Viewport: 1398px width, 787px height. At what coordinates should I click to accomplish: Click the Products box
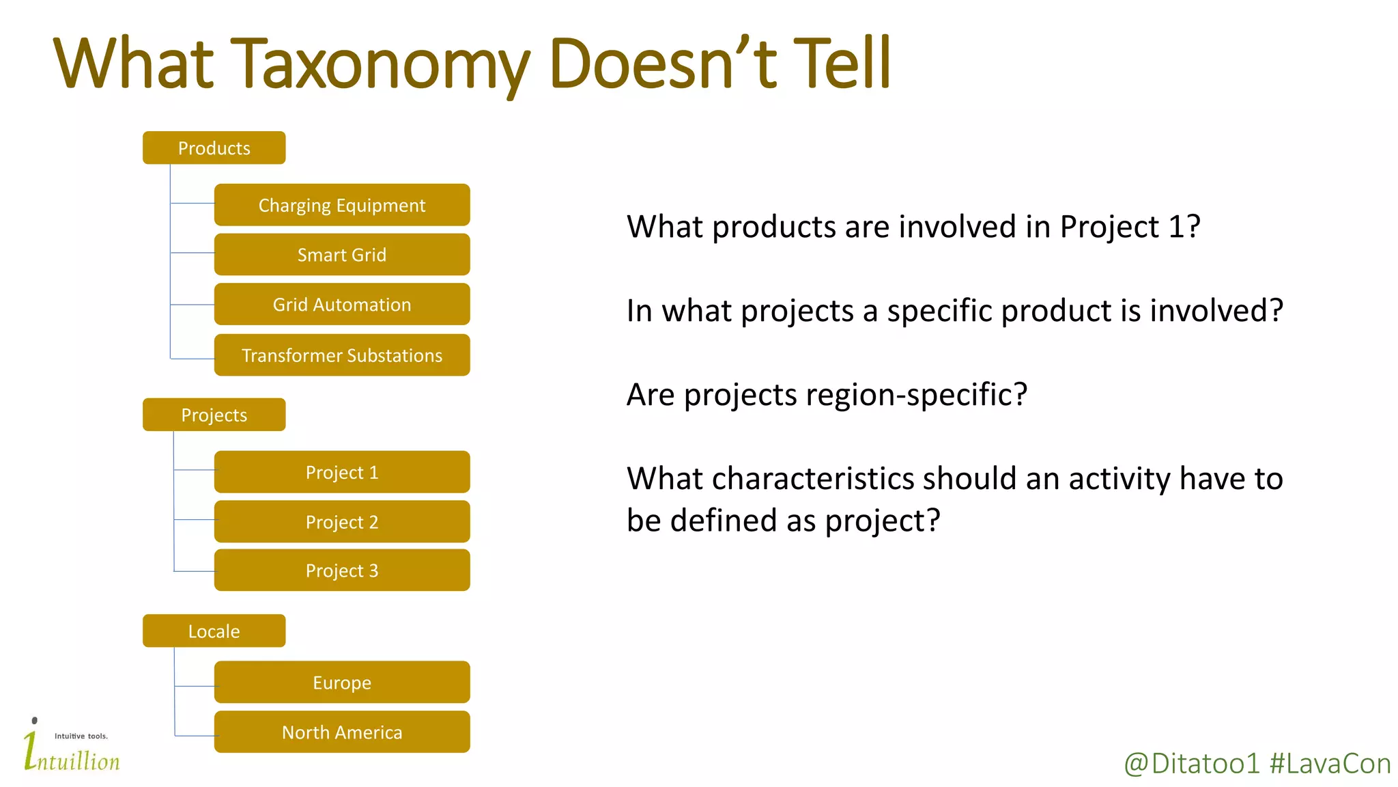(x=214, y=148)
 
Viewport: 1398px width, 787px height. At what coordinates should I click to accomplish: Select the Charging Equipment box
(x=341, y=205)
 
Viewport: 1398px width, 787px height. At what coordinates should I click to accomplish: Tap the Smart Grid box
(x=341, y=255)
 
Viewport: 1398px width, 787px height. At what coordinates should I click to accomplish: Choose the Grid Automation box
(x=341, y=305)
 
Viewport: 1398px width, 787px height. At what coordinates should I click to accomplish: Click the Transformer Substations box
(x=341, y=355)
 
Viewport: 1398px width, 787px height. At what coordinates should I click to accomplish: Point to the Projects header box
(x=214, y=415)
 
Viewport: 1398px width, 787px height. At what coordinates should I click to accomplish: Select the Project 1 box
(x=341, y=472)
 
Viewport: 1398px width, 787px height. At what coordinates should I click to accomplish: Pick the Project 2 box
(x=341, y=522)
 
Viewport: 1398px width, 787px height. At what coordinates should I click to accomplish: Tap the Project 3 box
(x=341, y=570)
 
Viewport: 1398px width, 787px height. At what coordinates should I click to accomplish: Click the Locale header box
(x=214, y=631)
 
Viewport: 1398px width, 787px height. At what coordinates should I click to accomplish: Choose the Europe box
(x=341, y=682)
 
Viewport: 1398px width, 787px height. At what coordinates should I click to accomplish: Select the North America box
(x=341, y=732)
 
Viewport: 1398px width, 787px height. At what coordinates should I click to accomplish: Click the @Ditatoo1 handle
(x=1191, y=764)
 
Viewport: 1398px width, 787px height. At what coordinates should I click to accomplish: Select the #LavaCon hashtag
(x=1330, y=764)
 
